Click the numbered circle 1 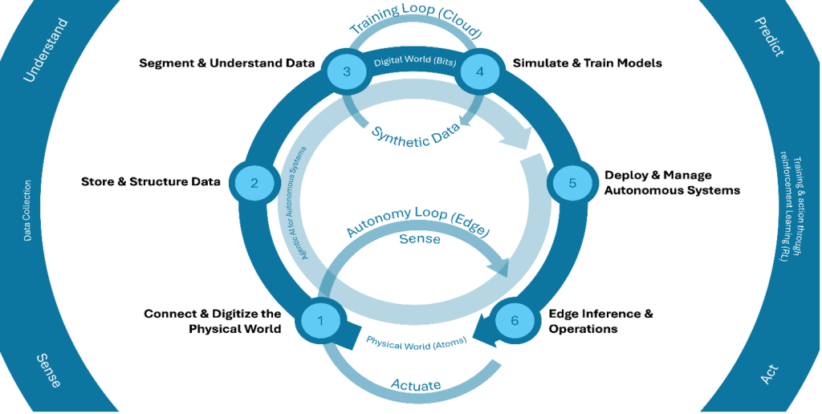(320, 320)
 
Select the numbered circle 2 (254, 182)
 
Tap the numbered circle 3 (346, 71)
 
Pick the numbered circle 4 (480, 71)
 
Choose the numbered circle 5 (572, 182)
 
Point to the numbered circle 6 (514, 320)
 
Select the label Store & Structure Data (151, 181)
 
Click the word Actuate (415, 385)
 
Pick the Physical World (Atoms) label (413, 343)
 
